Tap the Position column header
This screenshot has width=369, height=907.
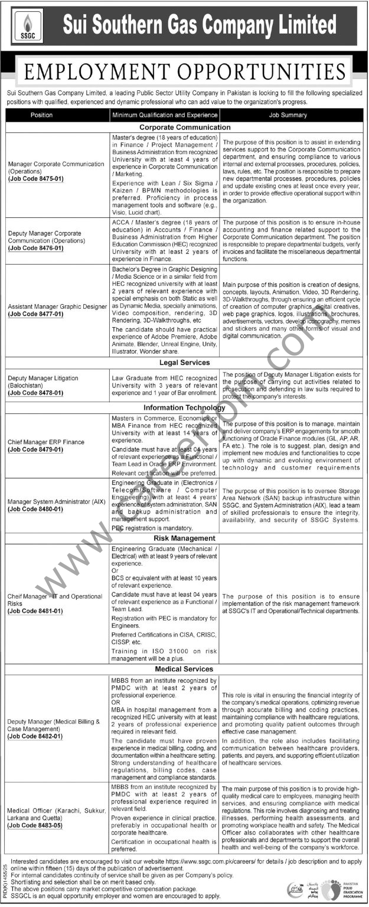(41, 115)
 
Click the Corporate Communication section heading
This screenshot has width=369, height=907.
(185, 127)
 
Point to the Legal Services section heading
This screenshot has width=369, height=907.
(185, 363)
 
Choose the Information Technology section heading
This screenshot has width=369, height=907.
(185, 407)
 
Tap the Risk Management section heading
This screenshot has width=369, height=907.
(185, 539)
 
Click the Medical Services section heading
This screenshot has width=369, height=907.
(185, 669)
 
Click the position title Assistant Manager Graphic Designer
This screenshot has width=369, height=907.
(57, 307)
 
